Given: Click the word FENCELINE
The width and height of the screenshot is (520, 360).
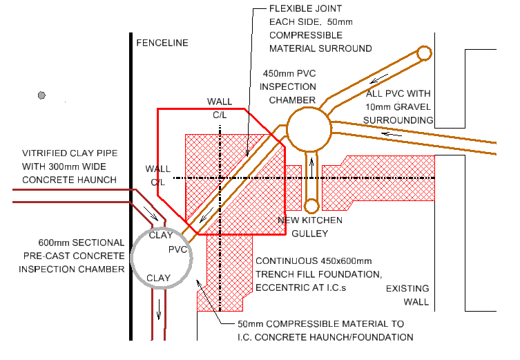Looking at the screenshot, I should [x=162, y=43].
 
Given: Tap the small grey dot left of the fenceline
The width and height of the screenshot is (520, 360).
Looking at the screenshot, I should [x=42, y=95].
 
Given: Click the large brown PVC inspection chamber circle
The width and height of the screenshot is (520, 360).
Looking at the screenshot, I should [x=309, y=129].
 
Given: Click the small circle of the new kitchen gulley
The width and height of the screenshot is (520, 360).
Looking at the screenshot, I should [x=311, y=206].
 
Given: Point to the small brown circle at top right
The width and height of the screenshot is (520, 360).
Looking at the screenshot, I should [x=424, y=53].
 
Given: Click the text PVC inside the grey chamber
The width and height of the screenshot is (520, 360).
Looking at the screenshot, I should [x=178, y=249].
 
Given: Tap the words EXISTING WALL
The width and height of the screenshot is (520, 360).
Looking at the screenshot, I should [x=407, y=295].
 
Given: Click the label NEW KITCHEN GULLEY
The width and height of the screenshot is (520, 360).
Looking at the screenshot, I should [x=310, y=227].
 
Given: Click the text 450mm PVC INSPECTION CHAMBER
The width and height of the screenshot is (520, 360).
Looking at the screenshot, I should [x=288, y=86].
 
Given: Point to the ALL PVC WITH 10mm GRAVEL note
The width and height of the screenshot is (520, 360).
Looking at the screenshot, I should [x=399, y=106].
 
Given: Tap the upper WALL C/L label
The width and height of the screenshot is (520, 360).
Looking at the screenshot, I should [x=220, y=108].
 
